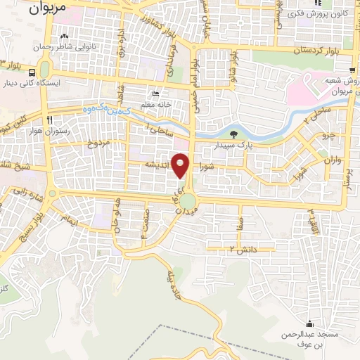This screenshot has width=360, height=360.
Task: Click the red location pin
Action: tap(181, 165)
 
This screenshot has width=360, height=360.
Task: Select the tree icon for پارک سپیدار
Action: tap(234, 134)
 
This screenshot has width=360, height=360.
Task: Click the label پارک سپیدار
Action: tap(233, 146)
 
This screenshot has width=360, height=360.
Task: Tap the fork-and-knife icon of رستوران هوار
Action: tap(49, 120)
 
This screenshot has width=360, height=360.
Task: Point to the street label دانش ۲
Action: tap(244, 250)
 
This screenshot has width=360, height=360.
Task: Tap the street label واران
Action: tap(332, 160)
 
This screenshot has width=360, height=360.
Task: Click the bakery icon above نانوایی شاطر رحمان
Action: tap(65, 36)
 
